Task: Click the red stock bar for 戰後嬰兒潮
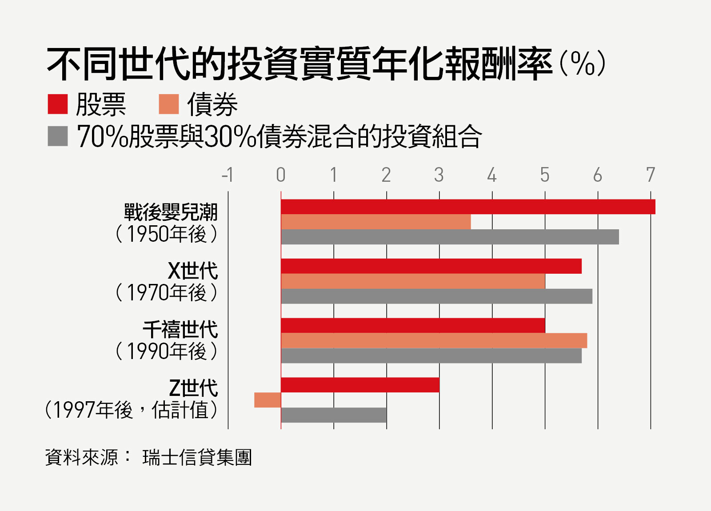click(x=468, y=207)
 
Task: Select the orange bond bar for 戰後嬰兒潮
click(x=375, y=222)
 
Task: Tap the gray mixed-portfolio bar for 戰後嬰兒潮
click(x=450, y=237)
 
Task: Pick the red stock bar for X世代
click(x=431, y=266)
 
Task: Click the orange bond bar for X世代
click(x=413, y=281)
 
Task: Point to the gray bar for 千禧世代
click(x=431, y=355)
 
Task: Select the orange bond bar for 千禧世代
click(x=434, y=340)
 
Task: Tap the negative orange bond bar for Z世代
click(x=268, y=400)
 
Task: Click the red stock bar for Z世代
click(x=360, y=385)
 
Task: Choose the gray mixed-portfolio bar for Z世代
click(x=334, y=415)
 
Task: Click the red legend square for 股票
click(x=58, y=104)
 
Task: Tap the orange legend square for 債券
click(x=169, y=104)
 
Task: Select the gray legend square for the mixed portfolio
click(x=58, y=136)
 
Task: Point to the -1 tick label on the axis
click(x=228, y=175)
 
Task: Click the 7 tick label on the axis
click(x=651, y=175)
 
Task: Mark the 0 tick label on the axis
click(x=280, y=175)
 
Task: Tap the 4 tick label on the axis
click(x=491, y=175)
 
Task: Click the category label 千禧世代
click(x=180, y=330)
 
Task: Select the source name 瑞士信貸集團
click(x=197, y=457)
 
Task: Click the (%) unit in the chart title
click(x=582, y=64)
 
